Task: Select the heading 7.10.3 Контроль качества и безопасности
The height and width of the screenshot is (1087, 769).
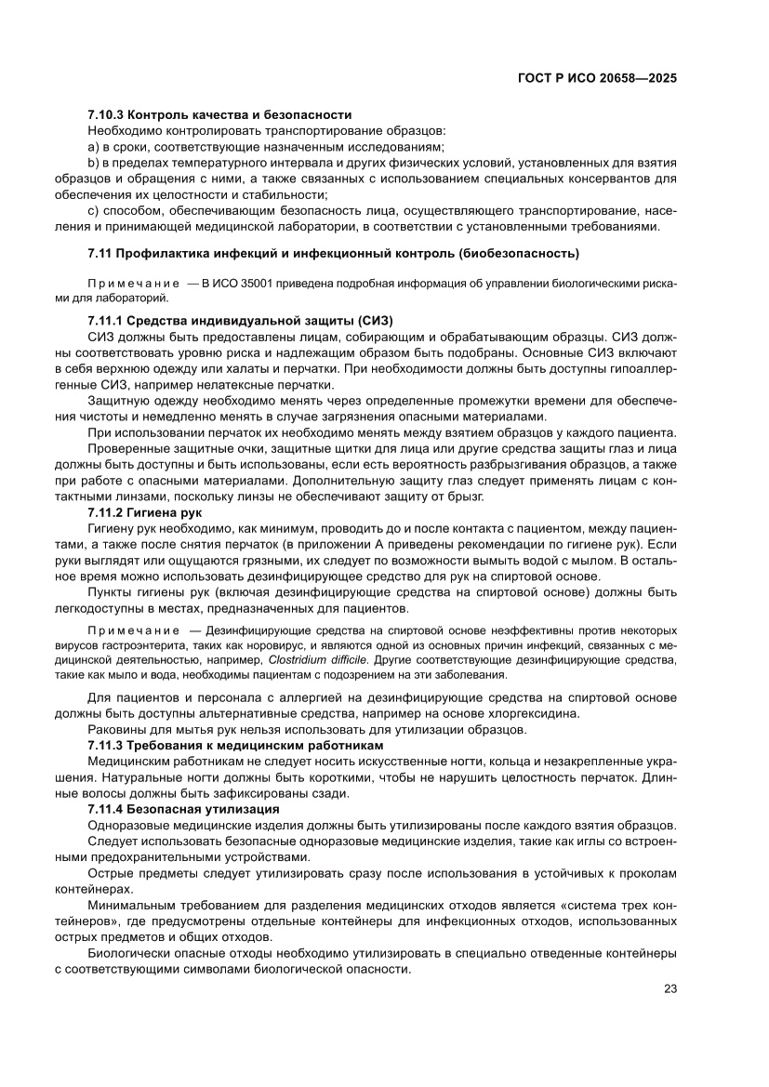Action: click(x=219, y=114)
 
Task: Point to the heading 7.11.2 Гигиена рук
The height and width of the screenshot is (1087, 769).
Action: click(x=152, y=512)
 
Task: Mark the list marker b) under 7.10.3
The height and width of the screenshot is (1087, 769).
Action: click(x=93, y=163)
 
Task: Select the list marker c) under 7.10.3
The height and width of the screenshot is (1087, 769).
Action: click(x=93, y=211)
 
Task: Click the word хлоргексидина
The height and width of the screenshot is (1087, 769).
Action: click(x=533, y=714)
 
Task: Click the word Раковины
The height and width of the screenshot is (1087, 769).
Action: click(x=116, y=730)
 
